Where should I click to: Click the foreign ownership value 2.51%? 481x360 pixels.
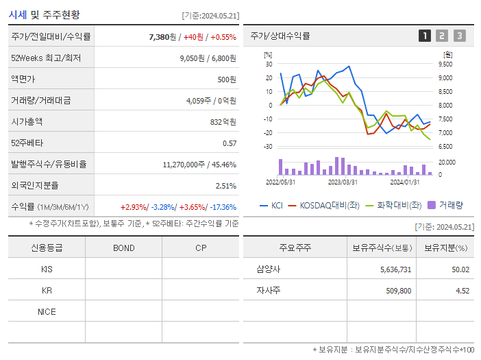[x=225, y=185]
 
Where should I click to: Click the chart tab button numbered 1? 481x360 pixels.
[x=425, y=36]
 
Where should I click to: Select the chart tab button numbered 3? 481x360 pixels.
[x=459, y=36]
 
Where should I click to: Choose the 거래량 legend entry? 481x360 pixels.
[x=445, y=205]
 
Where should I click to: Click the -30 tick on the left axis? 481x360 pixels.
[x=268, y=146]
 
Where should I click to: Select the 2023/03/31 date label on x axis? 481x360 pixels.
[x=343, y=182]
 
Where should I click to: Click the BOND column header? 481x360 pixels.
[x=123, y=248]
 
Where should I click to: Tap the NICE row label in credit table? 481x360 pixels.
[x=47, y=311]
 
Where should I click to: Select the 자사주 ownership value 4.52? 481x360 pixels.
[x=463, y=291]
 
